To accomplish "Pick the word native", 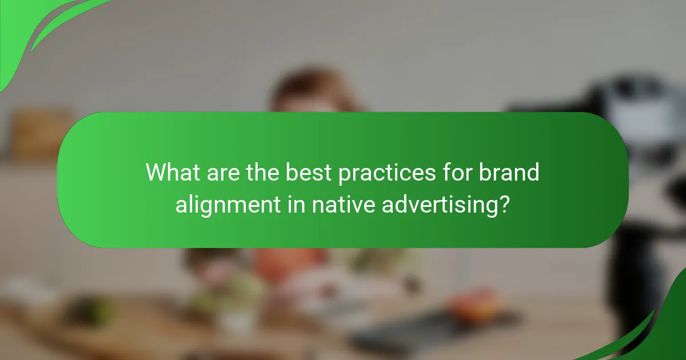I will pos(342,204).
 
